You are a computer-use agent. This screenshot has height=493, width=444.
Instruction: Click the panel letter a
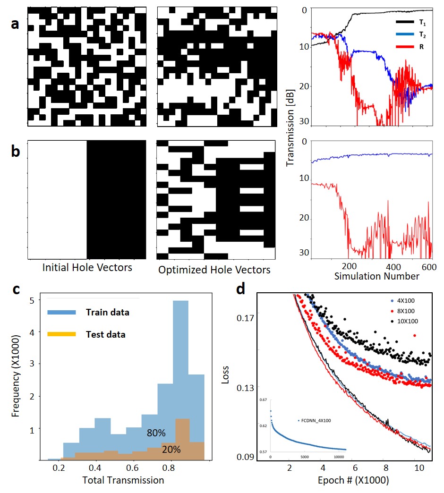(x=15, y=24)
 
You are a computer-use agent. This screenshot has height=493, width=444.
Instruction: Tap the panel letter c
(x=15, y=289)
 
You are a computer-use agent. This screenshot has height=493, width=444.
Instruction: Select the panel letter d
(x=241, y=289)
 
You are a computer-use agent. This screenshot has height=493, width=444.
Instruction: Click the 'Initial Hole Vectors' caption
(x=87, y=267)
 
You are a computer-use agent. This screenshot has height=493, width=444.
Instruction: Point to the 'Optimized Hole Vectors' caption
(x=214, y=270)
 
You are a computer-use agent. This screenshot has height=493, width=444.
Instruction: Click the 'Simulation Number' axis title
(x=376, y=276)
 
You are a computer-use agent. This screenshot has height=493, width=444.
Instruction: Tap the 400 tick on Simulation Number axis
(x=390, y=266)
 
